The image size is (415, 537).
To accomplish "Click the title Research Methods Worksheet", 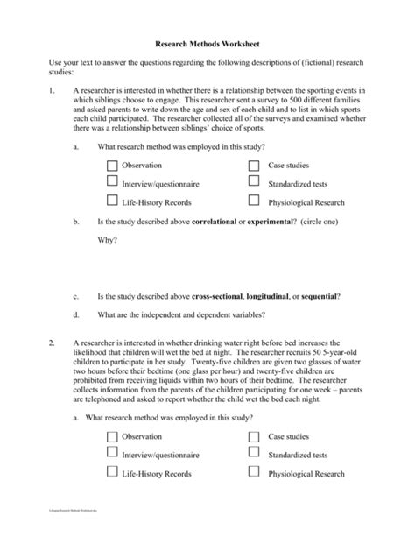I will pyautogui.click(x=207, y=42).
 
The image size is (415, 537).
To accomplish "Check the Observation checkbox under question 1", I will pyautogui.click(x=111, y=166).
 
